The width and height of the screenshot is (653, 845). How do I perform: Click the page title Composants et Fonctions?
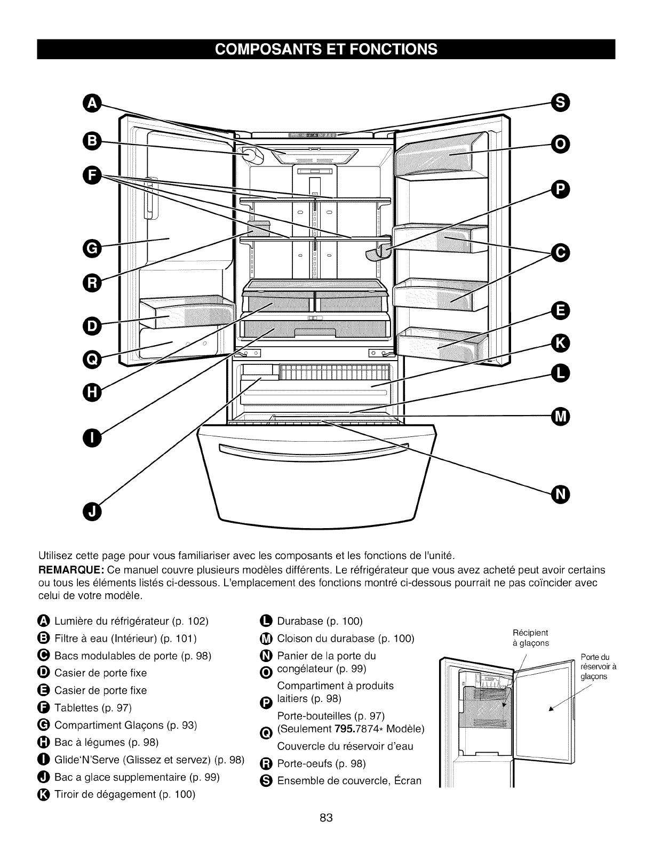pyautogui.click(x=326, y=49)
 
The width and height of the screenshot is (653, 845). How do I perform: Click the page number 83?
pyautogui.click(x=326, y=818)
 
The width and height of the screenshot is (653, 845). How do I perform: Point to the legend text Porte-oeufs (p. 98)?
pyautogui.click(x=322, y=763)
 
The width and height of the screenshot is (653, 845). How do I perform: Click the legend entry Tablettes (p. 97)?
pyautogui.click(x=93, y=708)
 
